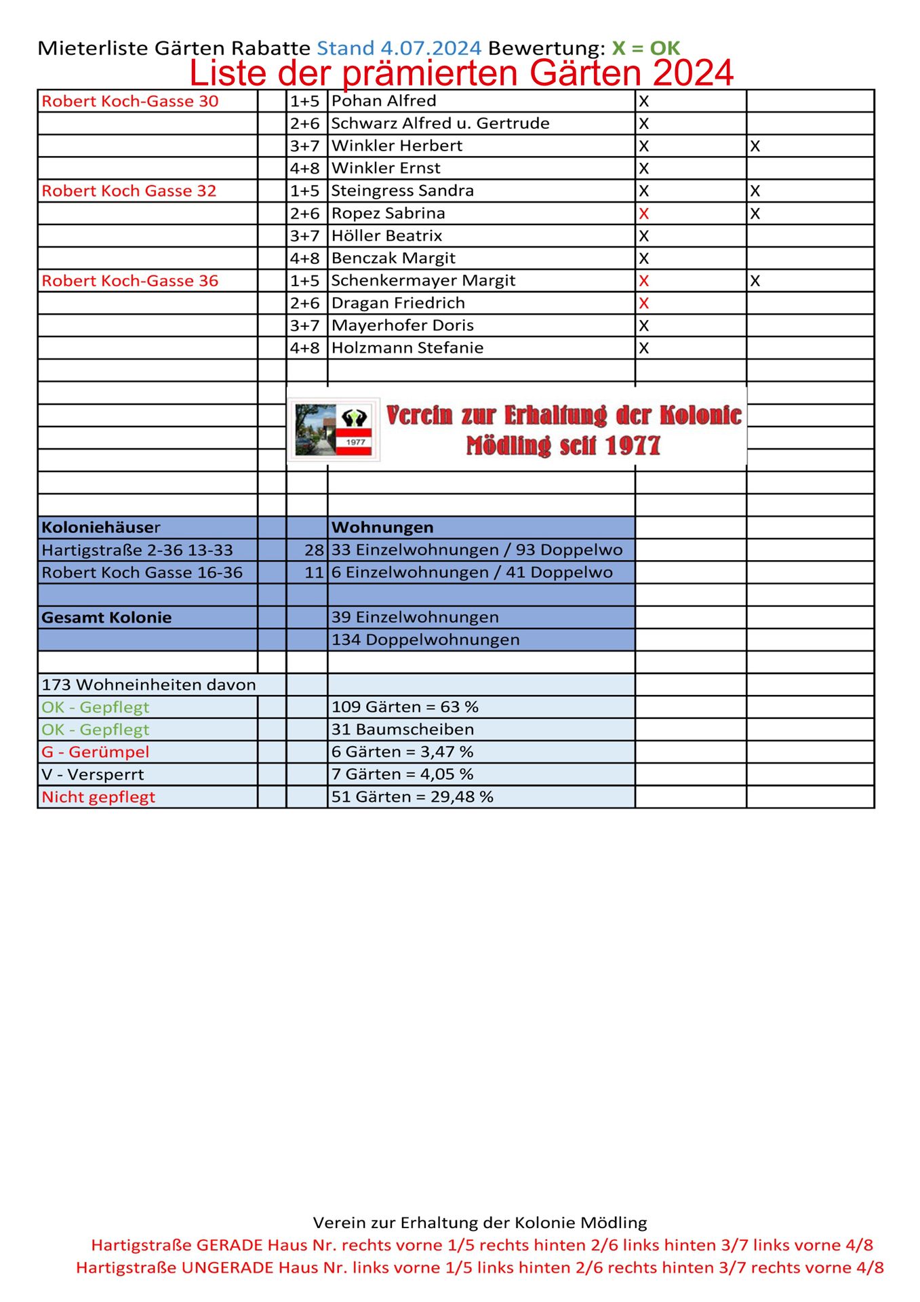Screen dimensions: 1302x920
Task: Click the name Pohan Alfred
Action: (384, 101)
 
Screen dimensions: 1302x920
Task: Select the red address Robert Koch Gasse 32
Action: (129, 191)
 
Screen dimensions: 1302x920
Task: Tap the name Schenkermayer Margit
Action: (423, 281)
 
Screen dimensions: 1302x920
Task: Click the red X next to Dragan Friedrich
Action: (644, 303)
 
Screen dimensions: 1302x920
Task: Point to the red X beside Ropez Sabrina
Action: (644, 214)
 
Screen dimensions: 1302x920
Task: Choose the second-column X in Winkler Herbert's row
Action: (755, 146)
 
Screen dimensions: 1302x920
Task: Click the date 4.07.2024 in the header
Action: (431, 48)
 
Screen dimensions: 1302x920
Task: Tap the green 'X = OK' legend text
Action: (645, 48)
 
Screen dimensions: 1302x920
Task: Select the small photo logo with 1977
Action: (334, 431)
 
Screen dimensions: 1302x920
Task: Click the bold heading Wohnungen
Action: (382, 528)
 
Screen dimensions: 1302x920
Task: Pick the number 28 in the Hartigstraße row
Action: (314, 550)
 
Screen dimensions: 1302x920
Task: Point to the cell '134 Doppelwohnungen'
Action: (425, 639)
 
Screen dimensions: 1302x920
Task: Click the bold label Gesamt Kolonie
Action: (106, 618)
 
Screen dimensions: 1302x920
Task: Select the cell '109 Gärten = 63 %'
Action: (405, 707)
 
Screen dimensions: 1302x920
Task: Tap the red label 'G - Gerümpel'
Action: (96, 752)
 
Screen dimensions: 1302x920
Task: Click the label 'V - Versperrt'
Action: (93, 774)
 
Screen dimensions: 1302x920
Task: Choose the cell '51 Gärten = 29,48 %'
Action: (412, 797)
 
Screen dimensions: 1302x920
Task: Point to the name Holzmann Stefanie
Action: (407, 348)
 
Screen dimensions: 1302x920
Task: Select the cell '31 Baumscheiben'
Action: (403, 730)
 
